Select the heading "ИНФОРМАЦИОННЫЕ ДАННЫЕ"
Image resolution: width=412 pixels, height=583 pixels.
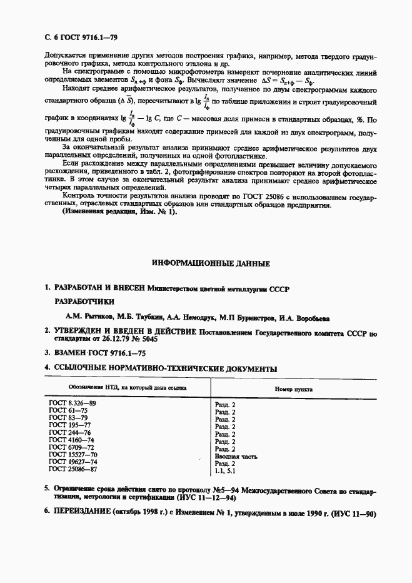pyautogui.click(x=206, y=263)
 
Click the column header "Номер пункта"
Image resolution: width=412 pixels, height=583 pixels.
pyautogui.click(x=294, y=388)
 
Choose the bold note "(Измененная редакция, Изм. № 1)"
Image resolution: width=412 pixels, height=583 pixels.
pyautogui.click(x=110, y=229)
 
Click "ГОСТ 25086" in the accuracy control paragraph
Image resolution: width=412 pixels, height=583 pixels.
pyautogui.click(x=259, y=213)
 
